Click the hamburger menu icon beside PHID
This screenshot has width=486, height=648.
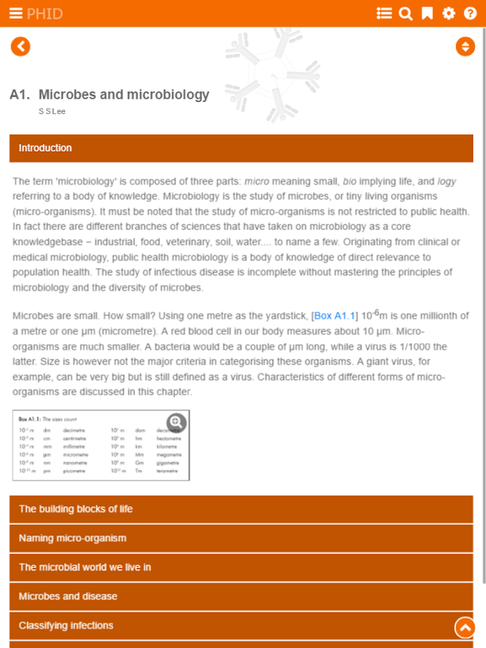[x=15, y=13]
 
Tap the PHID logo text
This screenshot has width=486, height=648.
[x=45, y=13]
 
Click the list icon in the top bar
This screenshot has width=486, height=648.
[x=385, y=13]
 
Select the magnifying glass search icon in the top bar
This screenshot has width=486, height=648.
[x=406, y=13]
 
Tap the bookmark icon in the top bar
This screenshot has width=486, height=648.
[x=427, y=13]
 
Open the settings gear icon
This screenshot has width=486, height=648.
[x=448, y=13]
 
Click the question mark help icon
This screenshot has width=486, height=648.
[x=470, y=13]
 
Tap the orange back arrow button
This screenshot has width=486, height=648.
[x=20, y=47]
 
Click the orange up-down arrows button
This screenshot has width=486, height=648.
[x=465, y=46]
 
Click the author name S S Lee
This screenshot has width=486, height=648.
[x=52, y=111]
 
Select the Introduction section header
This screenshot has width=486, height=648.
[x=241, y=148]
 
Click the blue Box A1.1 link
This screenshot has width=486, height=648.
[x=335, y=316]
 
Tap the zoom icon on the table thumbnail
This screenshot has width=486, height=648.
[x=177, y=422]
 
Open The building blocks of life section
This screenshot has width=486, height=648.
[x=241, y=509]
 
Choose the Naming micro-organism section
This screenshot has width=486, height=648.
[x=241, y=538]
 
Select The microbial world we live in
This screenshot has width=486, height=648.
[x=241, y=567]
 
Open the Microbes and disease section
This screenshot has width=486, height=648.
[x=241, y=596]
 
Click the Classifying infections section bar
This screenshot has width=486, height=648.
[x=227, y=625]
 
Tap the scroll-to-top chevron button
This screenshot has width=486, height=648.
[x=465, y=626]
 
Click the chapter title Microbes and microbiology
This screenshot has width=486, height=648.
[x=123, y=95]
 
